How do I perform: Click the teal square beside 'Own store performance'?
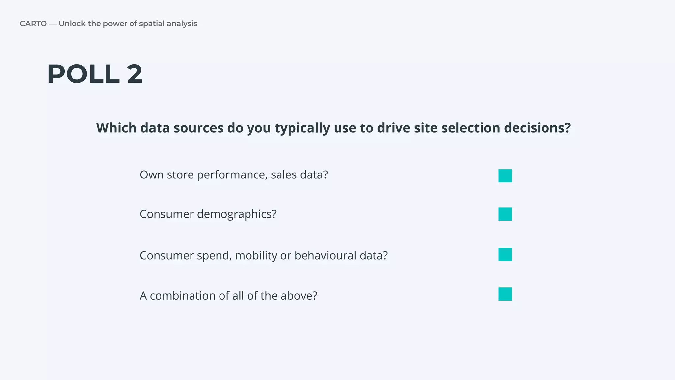point(505,176)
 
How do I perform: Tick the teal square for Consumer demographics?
point(505,214)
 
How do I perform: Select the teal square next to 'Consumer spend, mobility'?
point(505,255)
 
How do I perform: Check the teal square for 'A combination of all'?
point(505,294)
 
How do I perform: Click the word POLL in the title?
point(83,74)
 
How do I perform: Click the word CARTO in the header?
point(33,24)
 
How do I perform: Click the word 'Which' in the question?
point(116,128)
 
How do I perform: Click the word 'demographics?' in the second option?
point(237,214)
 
